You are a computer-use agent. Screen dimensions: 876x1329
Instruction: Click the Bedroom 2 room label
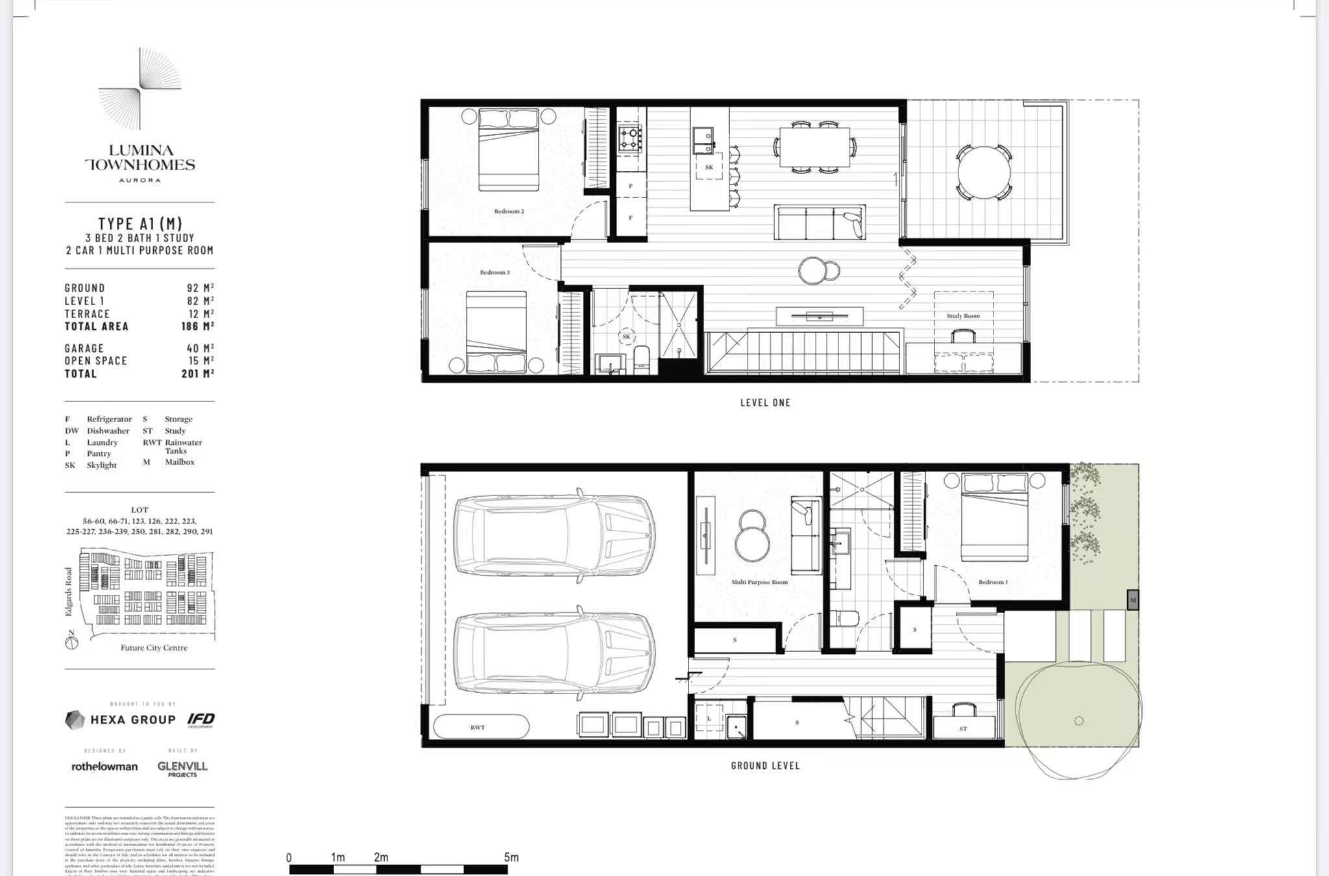click(x=509, y=211)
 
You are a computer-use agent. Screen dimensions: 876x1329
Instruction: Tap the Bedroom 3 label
click(x=494, y=272)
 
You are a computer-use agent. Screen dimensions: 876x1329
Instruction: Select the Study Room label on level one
click(x=963, y=316)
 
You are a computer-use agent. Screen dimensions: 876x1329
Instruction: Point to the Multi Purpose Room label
click(x=759, y=582)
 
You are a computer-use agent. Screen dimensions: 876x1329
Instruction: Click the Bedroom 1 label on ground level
click(x=993, y=582)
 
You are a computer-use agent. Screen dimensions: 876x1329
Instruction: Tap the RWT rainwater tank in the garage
click(x=480, y=727)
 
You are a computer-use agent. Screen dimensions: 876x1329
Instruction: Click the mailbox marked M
click(x=1132, y=600)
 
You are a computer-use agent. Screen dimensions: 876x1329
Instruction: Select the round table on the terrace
click(x=984, y=172)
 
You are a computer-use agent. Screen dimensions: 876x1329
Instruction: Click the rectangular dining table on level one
click(x=814, y=147)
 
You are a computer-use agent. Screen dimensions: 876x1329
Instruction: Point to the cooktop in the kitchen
click(x=629, y=138)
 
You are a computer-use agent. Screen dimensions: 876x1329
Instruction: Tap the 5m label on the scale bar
click(x=511, y=857)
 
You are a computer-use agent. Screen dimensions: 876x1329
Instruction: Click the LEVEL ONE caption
click(x=765, y=403)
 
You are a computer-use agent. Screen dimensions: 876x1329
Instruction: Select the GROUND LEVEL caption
click(x=765, y=766)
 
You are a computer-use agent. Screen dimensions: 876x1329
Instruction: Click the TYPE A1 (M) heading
click(x=140, y=224)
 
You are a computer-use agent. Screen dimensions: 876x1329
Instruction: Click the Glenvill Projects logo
click(x=182, y=768)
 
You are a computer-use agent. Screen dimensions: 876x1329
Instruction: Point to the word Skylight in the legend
click(x=102, y=465)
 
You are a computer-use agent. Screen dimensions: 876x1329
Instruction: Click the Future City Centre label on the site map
click(x=154, y=647)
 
